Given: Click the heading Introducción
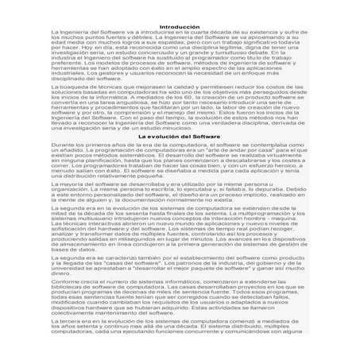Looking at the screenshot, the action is coord(180,6).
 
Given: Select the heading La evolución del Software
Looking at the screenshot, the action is coord(180,137).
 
